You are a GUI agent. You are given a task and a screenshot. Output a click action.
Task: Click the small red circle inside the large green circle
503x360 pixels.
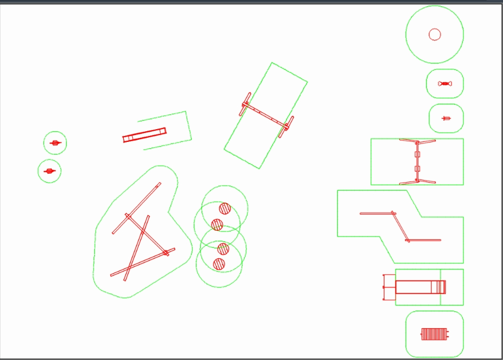pyautogui.click(x=435, y=34)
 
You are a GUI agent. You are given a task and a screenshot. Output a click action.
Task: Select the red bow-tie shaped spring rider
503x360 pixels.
pyautogui.click(x=445, y=84)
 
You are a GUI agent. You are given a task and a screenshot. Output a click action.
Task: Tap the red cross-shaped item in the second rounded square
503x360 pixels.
pyautogui.click(x=446, y=118)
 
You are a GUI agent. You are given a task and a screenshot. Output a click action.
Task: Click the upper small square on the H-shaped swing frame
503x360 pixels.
pyautogui.click(x=417, y=155)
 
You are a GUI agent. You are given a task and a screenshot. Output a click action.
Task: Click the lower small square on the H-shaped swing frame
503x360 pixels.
pyautogui.click(x=417, y=169)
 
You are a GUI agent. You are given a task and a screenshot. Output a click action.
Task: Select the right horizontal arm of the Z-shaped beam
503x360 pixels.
pyautogui.click(x=424, y=240)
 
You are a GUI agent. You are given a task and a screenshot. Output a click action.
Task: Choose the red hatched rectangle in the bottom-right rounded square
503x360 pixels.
pyautogui.click(x=434, y=334)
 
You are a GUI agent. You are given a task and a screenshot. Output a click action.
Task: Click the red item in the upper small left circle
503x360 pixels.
pyautogui.click(x=55, y=143)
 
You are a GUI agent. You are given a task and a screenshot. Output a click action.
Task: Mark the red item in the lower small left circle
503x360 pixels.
pyautogui.click(x=50, y=171)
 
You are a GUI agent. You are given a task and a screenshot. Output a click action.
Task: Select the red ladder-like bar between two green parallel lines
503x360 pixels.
pyautogui.click(x=144, y=135)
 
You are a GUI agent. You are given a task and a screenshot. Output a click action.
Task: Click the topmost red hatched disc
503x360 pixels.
pyautogui.click(x=225, y=208)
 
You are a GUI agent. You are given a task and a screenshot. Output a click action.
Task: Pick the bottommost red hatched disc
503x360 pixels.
pyautogui.click(x=219, y=264)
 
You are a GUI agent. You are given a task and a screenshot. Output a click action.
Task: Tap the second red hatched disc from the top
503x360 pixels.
pyautogui.click(x=217, y=224)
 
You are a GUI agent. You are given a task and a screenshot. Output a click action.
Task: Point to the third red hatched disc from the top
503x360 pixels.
pyautogui.click(x=223, y=248)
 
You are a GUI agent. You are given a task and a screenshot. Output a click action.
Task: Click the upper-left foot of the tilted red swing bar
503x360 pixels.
pyautogui.click(x=246, y=104)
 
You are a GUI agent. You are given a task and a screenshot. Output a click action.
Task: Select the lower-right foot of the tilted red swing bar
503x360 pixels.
pyautogui.click(x=286, y=128)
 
